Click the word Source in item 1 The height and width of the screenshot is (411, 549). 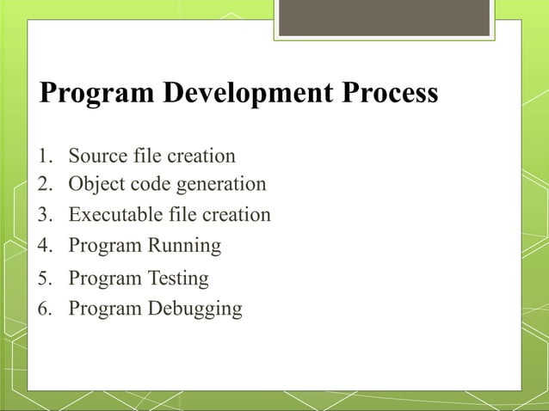pos(96,156)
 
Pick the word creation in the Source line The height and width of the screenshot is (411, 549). pos(201,156)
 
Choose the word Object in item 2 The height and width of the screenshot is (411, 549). pos(96,185)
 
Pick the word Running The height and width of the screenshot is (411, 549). pos(184,247)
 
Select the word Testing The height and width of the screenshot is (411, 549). pos(178,279)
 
